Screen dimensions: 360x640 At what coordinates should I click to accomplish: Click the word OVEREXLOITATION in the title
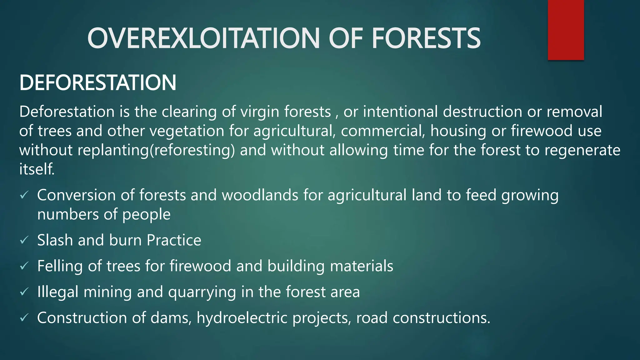pyautogui.click(x=203, y=38)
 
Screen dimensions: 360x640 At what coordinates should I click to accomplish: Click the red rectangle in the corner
pyautogui.click(x=566, y=30)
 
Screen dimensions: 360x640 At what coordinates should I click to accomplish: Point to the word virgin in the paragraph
pyautogui.click(x=259, y=112)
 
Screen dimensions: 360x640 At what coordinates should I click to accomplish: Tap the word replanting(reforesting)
pyautogui.click(x=156, y=150)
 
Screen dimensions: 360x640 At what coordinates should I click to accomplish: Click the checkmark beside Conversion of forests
pyautogui.click(x=24, y=196)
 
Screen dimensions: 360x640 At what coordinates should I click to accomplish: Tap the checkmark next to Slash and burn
pyautogui.click(x=24, y=240)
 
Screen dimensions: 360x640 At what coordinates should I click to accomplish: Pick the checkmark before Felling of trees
pyautogui.click(x=24, y=266)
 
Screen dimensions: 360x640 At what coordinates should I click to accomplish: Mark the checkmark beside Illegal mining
pyautogui.click(x=24, y=292)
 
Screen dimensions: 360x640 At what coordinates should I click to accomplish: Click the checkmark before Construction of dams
pyautogui.click(x=24, y=318)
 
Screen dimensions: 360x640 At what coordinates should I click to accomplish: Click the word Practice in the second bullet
pyautogui.click(x=174, y=240)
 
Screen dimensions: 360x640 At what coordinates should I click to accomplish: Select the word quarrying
pyautogui.click(x=202, y=292)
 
